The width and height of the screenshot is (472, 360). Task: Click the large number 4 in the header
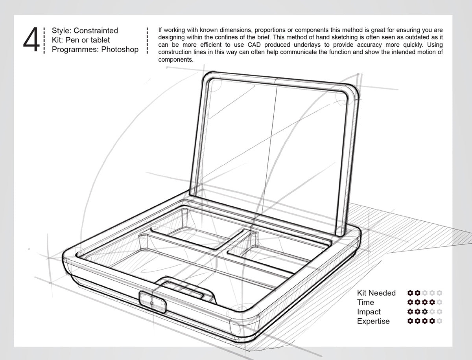pyautogui.click(x=31, y=40)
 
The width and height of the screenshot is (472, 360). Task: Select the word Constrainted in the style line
pyautogui.click(x=96, y=30)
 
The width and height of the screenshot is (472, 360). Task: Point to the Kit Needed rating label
pyautogui.click(x=376, y=293)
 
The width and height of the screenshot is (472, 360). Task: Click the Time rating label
pyautogui.click(x=365, y=302)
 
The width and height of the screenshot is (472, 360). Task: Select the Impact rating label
pyautogui.click(x=369, y=312)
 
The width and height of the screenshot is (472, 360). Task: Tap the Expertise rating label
pyautogui.click(x=373, y=321)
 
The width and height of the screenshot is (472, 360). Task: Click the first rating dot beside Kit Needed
pyautogui.click(x=410, y=293)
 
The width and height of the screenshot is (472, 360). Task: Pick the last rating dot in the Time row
pyautogui.click(x=439, y=302)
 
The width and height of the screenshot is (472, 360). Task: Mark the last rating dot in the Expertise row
pyautogui.click(x=439, y=321)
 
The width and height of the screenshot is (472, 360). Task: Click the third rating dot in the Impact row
pyautogui.click(x=425, y=312)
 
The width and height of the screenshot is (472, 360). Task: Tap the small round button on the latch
pyautogui.click(x=152, y=303)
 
